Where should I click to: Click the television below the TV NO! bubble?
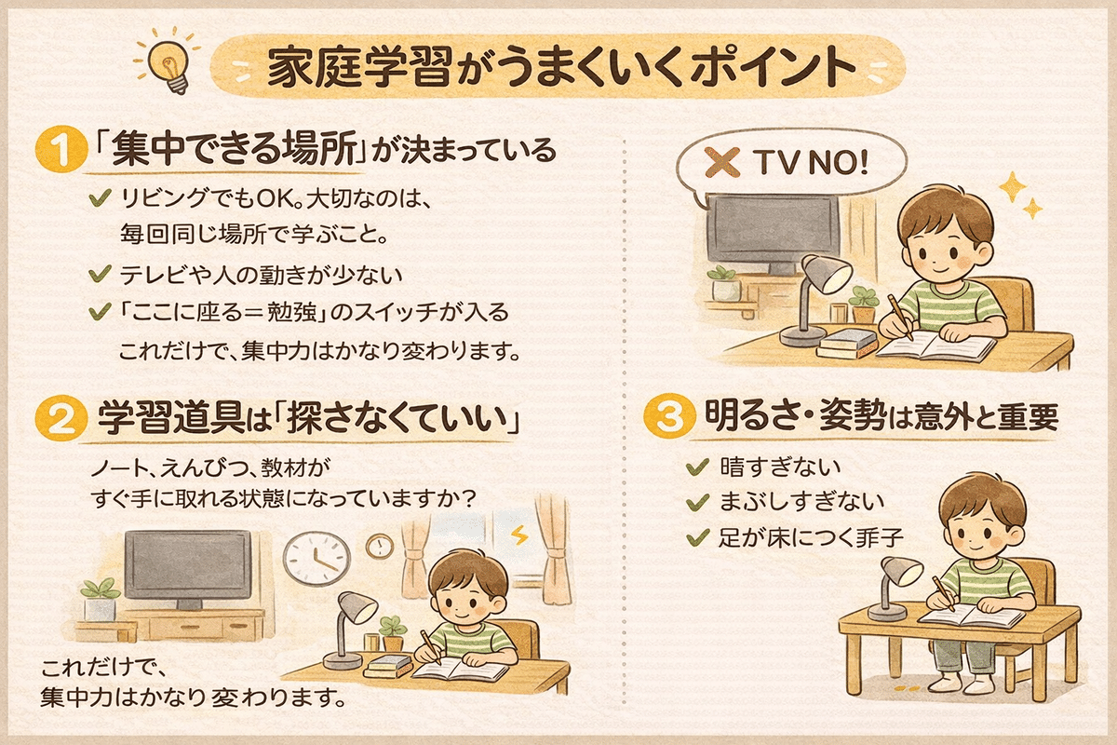pos(759,229)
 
